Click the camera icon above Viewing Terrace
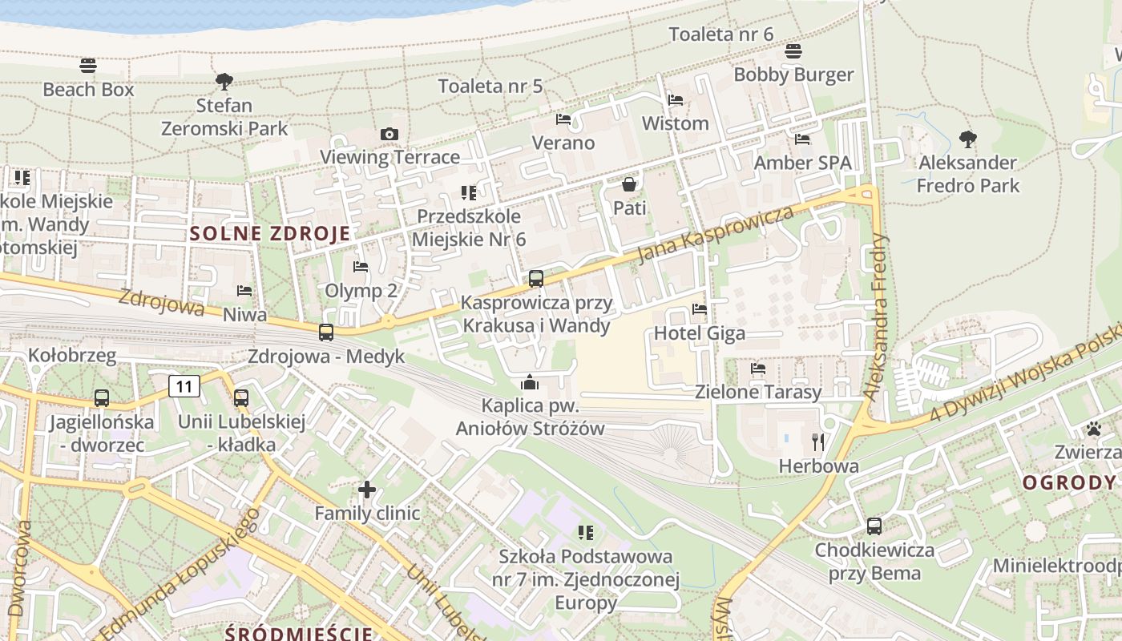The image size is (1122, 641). [x=389, y=134]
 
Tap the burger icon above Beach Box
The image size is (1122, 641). [x=88, y=65]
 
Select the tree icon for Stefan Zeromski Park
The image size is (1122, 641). [x=224, y=81]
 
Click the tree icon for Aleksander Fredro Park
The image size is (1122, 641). [x=968, y=139]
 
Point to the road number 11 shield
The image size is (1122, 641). [x=184, y=387]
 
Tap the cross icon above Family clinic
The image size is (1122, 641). [x=367, y=489]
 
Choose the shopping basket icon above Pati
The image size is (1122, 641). [x=629, y=184]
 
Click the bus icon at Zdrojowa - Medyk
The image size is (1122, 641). [x=326, y=332]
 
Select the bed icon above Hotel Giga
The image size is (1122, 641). [x=700, y=309]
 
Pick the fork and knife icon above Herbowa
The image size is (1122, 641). [x=818, y=441]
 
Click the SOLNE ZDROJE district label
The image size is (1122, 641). [x=271, y=234]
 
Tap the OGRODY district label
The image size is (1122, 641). [x=1069, y=482]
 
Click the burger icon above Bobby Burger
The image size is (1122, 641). [x=793, y=51]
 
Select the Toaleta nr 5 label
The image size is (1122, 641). [x=490, y=87]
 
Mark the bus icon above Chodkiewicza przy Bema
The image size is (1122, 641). [x=874, y=526]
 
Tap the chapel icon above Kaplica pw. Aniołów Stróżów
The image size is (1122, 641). [x=530, y=382]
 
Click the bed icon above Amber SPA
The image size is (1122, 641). [x=802, y=139]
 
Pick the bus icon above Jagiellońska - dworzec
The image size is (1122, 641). [x=102, y=398]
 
